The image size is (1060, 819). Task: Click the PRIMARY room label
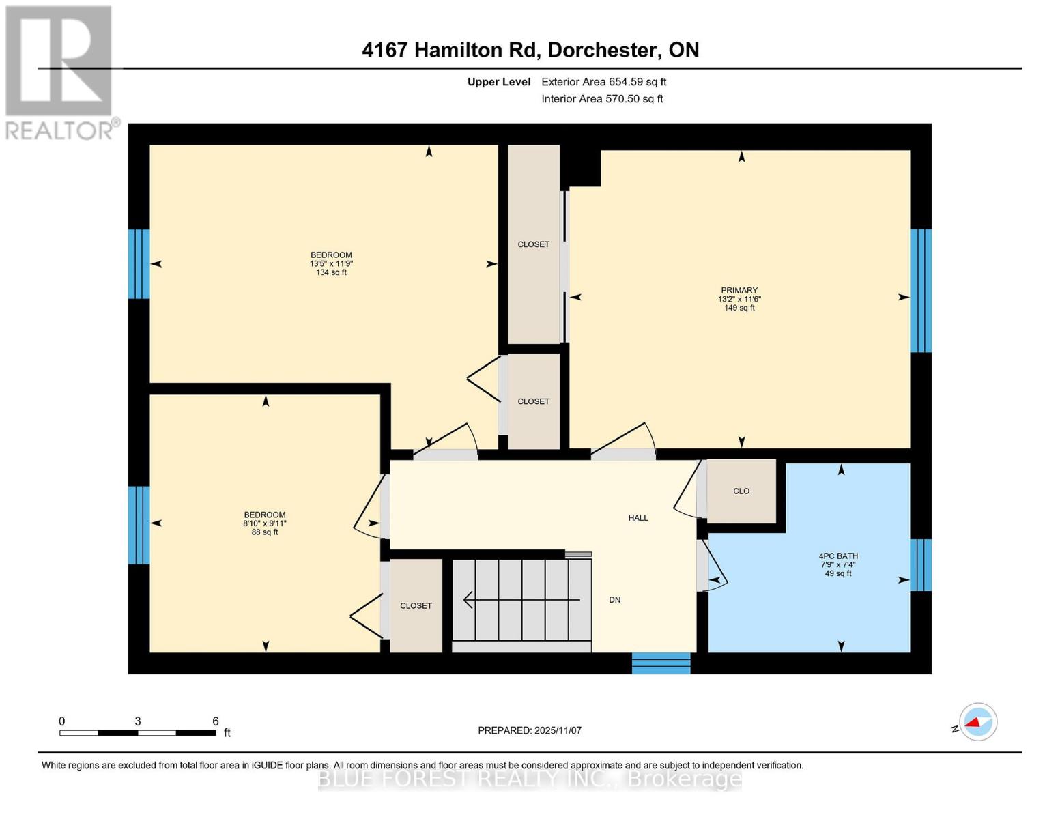[x=739, y=290]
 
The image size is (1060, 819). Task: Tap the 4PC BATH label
[x=838, y=556]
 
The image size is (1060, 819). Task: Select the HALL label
[x=638, y=518]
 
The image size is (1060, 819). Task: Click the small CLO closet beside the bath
[x=741, y=491]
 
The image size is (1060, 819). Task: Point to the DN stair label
[x=614, y=600]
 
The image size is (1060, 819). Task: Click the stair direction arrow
[x=521, y=600]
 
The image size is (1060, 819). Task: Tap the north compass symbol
[x=977, y=721]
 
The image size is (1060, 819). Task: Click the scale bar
[x=138, y=733]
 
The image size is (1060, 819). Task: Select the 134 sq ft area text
[x=331, y=272]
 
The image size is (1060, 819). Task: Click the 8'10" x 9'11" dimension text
[x=265, y=523]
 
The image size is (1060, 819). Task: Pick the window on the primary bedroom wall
[x=921, y=291]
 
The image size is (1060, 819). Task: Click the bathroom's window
[x=921, y=564]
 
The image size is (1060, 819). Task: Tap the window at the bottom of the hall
[x=661, y=663]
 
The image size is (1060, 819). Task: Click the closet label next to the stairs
[x=416, y=605]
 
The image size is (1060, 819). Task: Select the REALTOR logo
[x=59, y=72]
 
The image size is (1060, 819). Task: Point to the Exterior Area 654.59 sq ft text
[x=603, y=82]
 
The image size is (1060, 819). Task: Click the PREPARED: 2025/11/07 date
[x=530, y=730]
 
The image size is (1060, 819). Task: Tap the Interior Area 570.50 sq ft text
[x=602, y=99]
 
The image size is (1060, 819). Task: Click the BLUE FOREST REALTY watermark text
[x=530, y=779]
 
